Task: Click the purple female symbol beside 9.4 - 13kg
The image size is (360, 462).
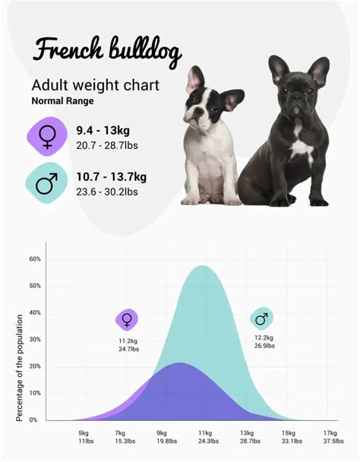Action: click(x=47, y=136)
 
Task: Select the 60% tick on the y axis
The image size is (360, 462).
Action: click(x=35, y=259)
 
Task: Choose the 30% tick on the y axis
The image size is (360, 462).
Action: click(x=35, y=340)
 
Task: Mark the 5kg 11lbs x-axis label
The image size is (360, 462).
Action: click(x=84, y=436)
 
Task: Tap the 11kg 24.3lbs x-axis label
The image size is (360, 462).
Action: click(x=206, y=436)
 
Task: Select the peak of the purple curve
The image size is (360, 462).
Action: click(x=179, y=363)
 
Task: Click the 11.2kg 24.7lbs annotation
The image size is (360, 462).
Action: click(x=128, y=345)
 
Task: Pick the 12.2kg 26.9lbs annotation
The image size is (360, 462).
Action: click(x=264, y=341)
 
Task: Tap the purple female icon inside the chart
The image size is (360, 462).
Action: click(x=127, y=320)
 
